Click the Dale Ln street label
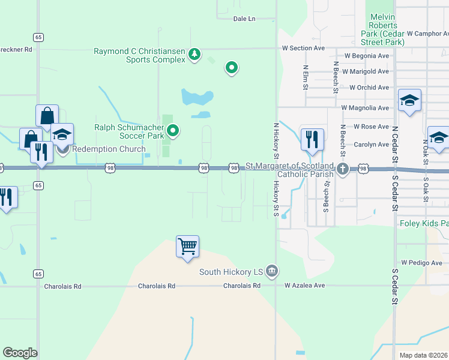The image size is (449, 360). coord(244,19)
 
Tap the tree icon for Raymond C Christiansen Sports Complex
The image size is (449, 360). coord(194,55)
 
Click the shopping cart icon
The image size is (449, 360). coord(187,246)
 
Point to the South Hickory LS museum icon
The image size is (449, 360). coord(272,271)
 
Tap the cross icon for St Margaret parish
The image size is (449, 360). coord(343,169)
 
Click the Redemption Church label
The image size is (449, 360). coord(109,149)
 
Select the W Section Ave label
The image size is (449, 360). coord(303,48)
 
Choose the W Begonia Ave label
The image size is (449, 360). coord(366,56)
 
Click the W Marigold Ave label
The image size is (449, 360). coord(366,71)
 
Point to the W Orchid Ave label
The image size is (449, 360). coord(369,88)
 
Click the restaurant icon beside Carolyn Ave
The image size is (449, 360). coord(312,140)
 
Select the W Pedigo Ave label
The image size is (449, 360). coord(421,263)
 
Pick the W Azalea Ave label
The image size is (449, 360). coord(304,286)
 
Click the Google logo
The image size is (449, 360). coord(20,353)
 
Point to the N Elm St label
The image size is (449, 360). coord(306,78)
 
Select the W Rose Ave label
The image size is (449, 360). coord(372,127)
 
